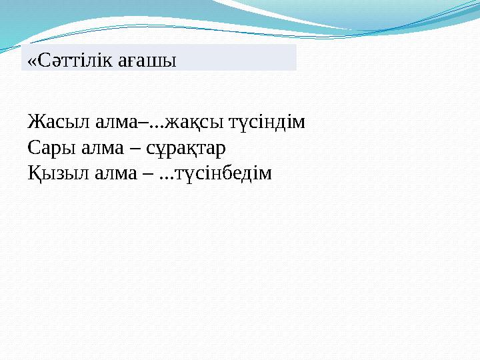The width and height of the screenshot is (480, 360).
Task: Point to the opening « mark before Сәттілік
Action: (31, 62)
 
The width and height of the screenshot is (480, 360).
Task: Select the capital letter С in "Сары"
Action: (33, 148)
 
